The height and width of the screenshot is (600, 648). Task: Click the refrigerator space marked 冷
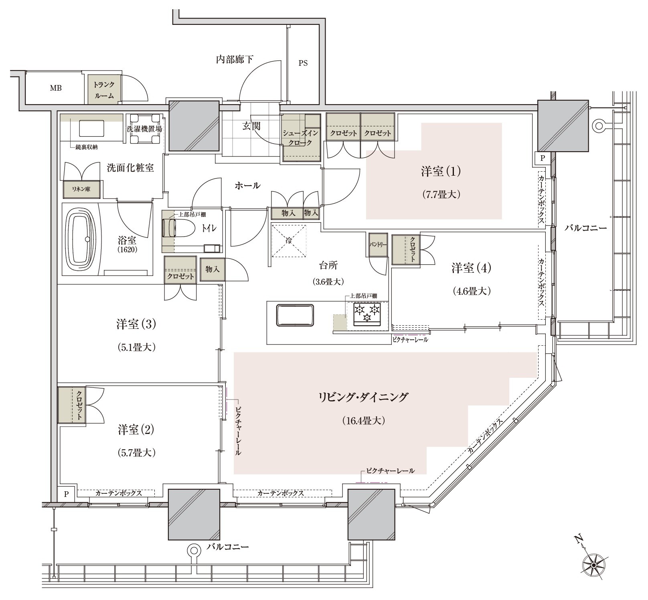289,241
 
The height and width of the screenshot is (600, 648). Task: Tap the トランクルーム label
104,90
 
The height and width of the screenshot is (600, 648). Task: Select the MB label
56,88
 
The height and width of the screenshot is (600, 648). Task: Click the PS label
303,63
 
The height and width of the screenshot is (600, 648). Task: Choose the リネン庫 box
81,189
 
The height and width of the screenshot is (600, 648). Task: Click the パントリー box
378,244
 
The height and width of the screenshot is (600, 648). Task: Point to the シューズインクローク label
301,138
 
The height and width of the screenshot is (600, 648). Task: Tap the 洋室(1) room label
441,171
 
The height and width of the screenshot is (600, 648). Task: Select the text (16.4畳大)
364,421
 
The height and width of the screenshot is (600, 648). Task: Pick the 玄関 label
251,126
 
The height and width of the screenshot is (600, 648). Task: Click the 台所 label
328,265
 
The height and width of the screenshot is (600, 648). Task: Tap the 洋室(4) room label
471,268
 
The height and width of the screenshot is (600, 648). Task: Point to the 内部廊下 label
235,60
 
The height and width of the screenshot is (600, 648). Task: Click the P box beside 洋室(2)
67,494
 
